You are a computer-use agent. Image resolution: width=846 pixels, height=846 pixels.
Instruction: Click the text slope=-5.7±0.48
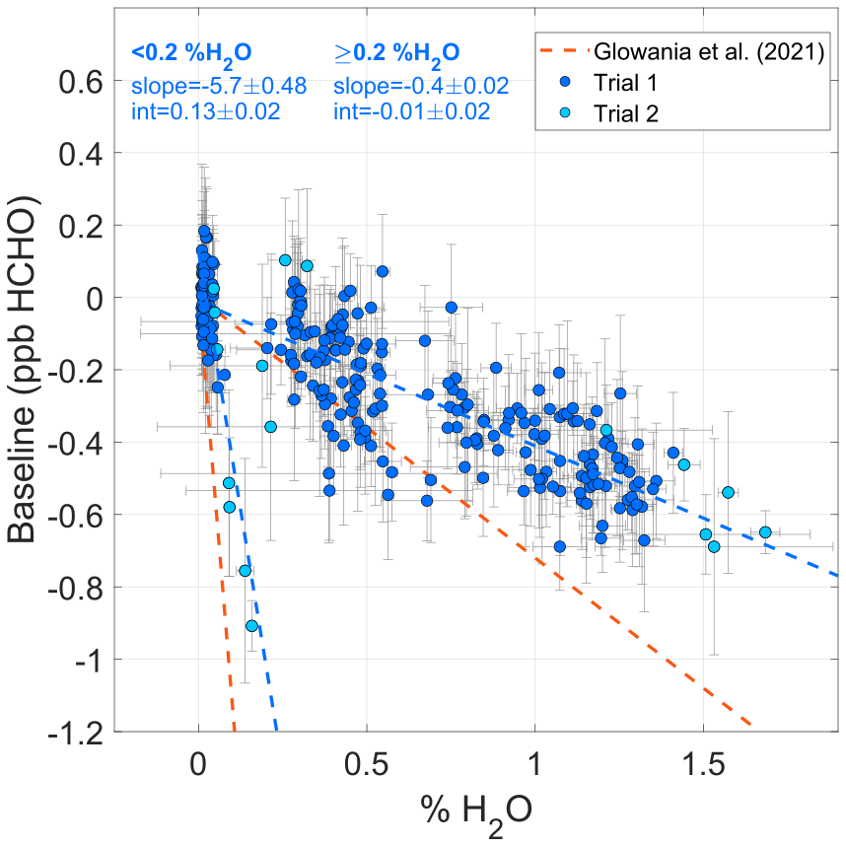point(219,86)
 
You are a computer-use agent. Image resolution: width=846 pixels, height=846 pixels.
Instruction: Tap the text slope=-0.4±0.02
point(422,86)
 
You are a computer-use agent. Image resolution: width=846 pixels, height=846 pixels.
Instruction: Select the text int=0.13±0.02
point(205,110)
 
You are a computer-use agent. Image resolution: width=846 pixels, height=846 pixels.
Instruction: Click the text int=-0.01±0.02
point(412,110)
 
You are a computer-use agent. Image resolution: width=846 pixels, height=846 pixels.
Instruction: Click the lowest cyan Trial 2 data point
point(251,626)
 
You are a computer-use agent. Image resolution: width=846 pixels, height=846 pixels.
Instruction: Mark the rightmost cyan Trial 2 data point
point(765,532)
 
